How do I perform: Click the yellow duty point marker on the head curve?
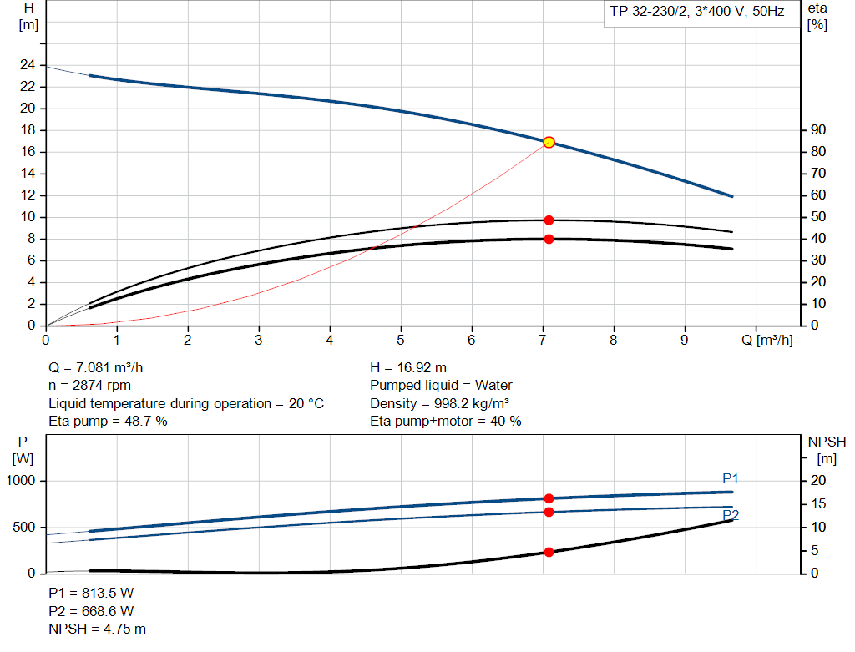click(x=549, y=143)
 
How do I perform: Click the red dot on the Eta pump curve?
click(x=549, y=220)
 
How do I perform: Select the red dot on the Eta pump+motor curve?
click(x=549, y=240)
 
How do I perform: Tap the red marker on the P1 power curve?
click(x=549, y=498)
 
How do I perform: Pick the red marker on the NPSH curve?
click(x=549, y=552)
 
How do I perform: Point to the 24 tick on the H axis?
click(x=28, y=65)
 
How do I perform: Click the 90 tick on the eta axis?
click(x=817, y=130)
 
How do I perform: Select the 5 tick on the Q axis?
click(x=401, y=341)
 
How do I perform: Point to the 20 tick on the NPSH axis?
click(x=817, y=481)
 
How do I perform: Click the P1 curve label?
click(x=731, y=478)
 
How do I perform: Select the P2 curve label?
click(x=731, y=514)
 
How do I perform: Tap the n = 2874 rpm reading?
click(x=89, y=386)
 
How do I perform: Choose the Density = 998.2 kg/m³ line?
click(x=440, y=403)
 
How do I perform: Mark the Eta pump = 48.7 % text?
click(x=108, y=422)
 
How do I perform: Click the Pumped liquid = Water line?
click(x=441, y=386)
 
